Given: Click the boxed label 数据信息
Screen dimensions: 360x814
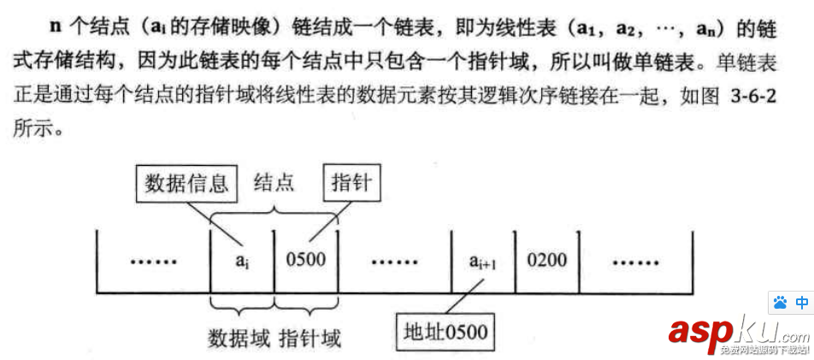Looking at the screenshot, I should click(x=186, y=183).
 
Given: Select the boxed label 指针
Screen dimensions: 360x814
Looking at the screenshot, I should click(x=351, y=183).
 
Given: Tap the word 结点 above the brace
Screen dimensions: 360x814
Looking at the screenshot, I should click(x=274, y=183).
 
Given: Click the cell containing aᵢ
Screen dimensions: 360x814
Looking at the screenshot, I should click(x=242, y=260).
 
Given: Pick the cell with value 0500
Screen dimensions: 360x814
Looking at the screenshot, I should click(x=305, y=259).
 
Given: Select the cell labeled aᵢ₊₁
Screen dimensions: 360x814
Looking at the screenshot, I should click(x=484, y=260).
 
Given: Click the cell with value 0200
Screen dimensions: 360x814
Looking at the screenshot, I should click(x=547, y=259).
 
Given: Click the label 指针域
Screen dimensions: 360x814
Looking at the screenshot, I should click(x=310, y=338).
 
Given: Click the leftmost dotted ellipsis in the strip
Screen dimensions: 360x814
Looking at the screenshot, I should click(x=153, y=260).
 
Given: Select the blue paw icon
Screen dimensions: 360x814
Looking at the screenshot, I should click(x=779, y=303).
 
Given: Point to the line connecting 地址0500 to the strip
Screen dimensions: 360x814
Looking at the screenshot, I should click(x=465, y=298).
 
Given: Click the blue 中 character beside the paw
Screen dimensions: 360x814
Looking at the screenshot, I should click(x=802, y=303).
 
